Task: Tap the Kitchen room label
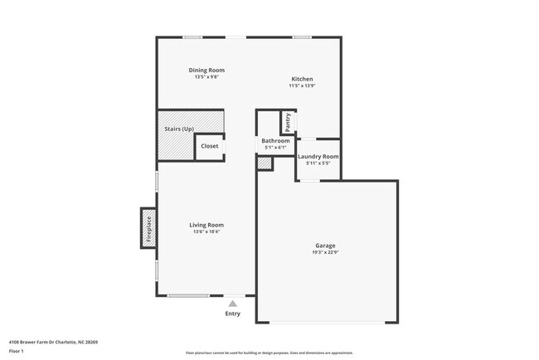pos(302,79)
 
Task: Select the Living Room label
pos(206,225)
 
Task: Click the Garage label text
pos(325,246)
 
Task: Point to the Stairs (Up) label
pos(175,129)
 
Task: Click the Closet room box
pos(210,146)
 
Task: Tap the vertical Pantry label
pos(288,122)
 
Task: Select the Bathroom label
pos(275,141)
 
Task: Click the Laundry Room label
pos(318,156)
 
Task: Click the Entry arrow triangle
pos(233,304)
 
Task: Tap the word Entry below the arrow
pos(233,314)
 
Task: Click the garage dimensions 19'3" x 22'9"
pos(325,252)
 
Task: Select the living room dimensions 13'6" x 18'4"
pos(206,231)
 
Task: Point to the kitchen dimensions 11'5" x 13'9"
pos(302,85)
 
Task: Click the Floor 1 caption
pos(16,351)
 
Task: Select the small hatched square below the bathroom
pos(265,163)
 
